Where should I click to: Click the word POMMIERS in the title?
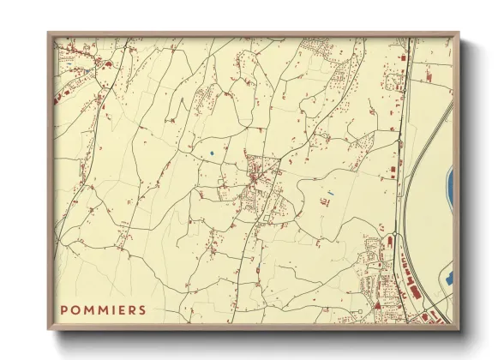[103, 309]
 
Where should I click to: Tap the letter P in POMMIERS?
[64, 309]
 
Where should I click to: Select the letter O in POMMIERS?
[75, 309]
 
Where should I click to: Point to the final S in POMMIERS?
[142, 309]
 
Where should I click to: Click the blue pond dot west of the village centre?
[211, 153]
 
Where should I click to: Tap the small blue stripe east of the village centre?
[330, 191]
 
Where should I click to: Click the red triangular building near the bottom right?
[376, 304]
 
